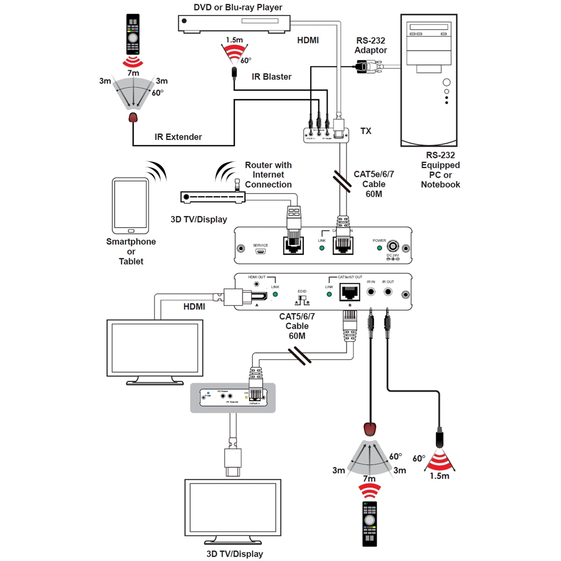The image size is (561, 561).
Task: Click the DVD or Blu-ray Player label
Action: [238, 7]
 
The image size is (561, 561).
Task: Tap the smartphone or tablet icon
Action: [130, 206]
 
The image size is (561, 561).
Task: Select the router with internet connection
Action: [213, 196]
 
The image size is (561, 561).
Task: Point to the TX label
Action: [366, 131]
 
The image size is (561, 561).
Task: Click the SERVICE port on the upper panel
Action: [260, 252]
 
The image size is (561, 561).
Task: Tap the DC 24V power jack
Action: [393, 246]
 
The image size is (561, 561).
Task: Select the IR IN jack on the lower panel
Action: [371, 292]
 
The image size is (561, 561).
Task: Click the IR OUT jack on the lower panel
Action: [388, 292]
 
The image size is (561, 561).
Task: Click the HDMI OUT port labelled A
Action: [257, 295]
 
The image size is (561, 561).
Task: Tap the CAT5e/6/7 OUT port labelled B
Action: [350, 293]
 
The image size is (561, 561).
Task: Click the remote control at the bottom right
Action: [370, 524]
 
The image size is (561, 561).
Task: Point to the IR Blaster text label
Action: [271, 77]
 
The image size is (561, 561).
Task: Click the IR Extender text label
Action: [178, 137]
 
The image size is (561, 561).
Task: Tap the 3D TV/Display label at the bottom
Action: [235, 554]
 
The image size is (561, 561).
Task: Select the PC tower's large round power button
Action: [446, 82]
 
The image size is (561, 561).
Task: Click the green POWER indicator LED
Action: [380, 248]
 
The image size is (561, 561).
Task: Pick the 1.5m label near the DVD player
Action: [234, 40]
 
